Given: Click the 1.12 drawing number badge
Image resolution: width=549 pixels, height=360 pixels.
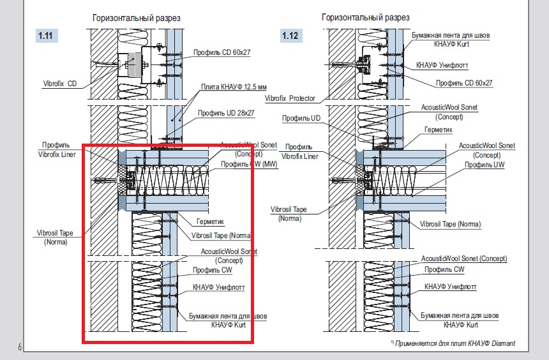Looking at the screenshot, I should coord(290,36).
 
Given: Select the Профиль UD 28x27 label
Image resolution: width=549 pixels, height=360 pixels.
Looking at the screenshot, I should coord(226,113).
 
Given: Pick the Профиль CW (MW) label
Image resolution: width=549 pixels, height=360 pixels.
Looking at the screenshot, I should coord(239,164).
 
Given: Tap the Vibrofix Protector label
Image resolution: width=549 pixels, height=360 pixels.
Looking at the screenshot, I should coord(290,99).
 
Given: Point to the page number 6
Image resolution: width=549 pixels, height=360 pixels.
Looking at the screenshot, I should coord(20,347).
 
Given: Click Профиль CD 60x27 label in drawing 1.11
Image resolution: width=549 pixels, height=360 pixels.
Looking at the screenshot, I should coord(221,52).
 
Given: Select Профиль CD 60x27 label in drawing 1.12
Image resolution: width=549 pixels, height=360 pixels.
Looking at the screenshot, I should coord(465,83).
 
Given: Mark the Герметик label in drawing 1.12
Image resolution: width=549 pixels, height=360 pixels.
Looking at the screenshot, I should coord(438,129).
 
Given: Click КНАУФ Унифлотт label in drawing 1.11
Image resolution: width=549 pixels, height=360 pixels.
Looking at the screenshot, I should coord(219,288).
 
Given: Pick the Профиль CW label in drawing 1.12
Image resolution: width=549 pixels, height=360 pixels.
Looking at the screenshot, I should coord(444,269).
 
